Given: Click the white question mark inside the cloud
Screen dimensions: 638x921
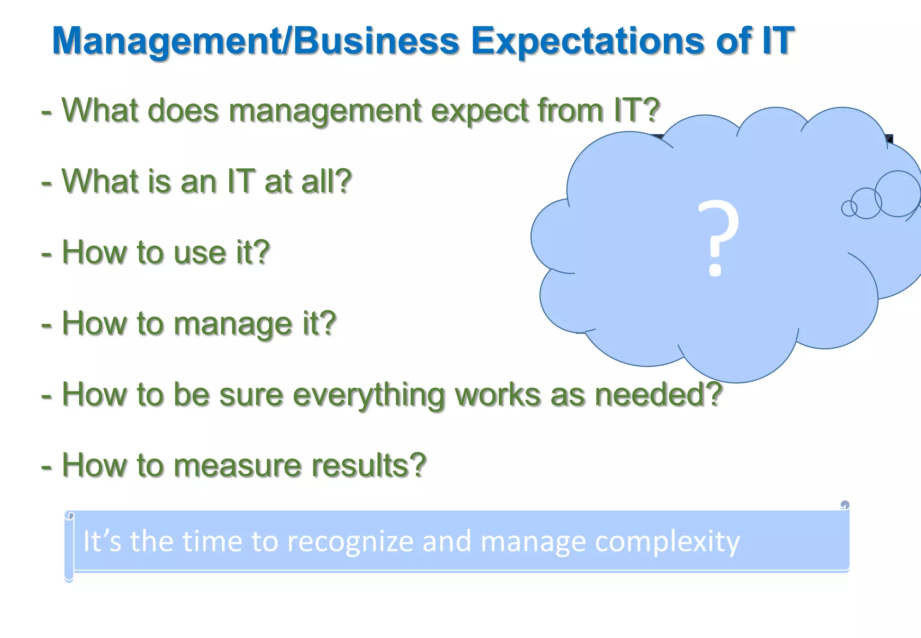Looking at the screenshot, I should [718, 238].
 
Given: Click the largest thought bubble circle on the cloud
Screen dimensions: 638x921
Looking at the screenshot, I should [898, 193].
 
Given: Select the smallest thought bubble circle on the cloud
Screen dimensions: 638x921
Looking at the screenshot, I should [849, 208].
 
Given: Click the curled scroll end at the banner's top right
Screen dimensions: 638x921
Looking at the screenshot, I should [845, 505].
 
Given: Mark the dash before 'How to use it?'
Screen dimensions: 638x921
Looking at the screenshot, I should [46, 254].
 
